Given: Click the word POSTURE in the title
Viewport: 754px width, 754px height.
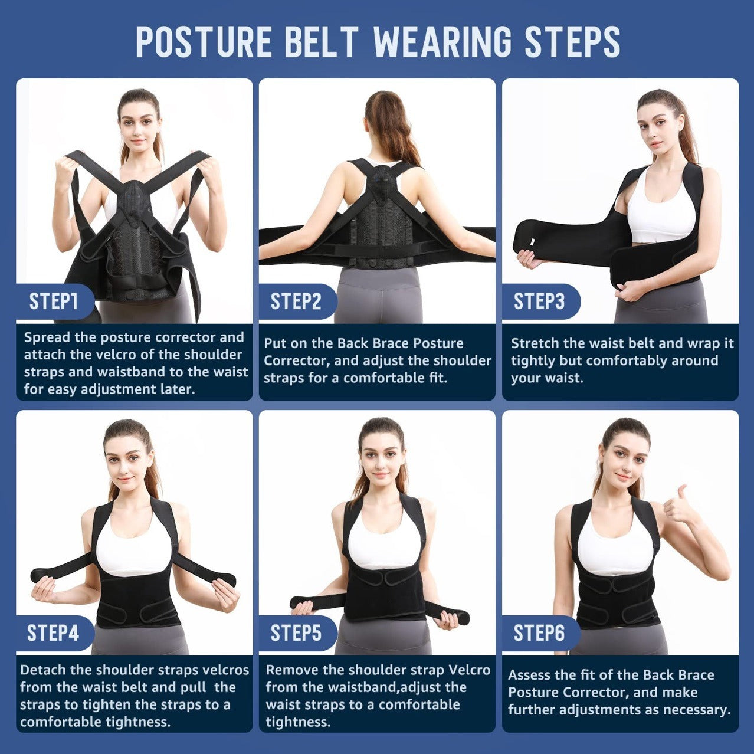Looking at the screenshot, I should (204, 41).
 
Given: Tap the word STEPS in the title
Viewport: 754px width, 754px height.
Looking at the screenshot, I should (572, 41).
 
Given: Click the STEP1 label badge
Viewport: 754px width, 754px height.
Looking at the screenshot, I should (54, 301).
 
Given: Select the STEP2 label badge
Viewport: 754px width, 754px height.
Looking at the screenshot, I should (296, 301).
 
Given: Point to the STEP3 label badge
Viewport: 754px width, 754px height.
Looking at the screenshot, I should (539, 301).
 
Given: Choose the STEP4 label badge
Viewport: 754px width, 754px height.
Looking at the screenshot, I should (53, 633).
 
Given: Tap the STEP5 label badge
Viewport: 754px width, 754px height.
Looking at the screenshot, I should (296, 633).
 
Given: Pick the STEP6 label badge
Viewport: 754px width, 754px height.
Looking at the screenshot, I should (539, 633).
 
